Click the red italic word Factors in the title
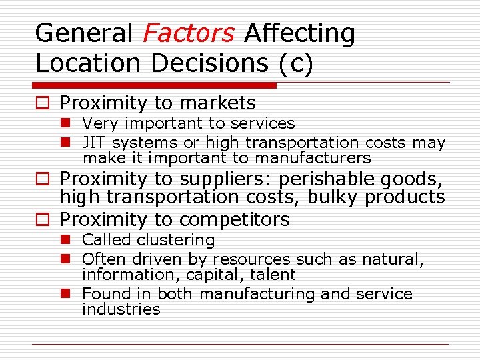point(189,33)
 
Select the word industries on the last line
point(121,309)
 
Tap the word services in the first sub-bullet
point(262,123)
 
